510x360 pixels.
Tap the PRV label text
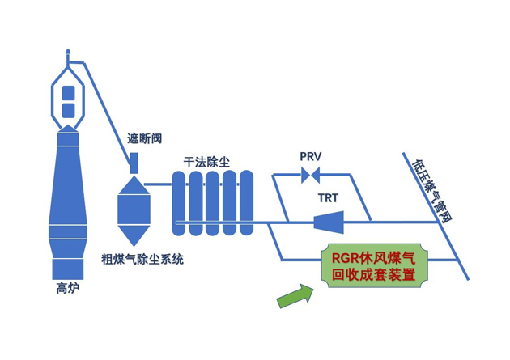click(x=311, y=156)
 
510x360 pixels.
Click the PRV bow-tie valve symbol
click(x=310, y=174)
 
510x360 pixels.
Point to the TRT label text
click(x=328, y=197)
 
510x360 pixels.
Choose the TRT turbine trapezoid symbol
click(x=328, y=220)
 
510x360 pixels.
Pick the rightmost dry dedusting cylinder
click(x=246, y=202)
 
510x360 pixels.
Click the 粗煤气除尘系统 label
click(x=142, y=259)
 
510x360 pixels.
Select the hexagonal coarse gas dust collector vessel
click(x=134, y=209)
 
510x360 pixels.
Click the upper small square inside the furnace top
click(x=69, y=91)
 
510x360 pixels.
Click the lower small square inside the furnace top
click(x=69, y=109)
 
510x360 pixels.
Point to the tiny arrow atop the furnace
click(x=69, y=53)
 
